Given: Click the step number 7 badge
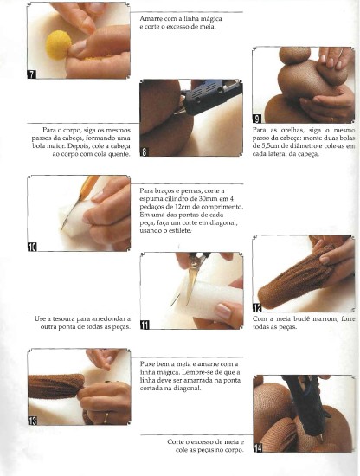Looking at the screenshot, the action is click(32, 74).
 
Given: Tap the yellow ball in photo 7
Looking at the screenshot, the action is click(58, 45).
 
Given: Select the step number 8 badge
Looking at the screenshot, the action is click(145, 151).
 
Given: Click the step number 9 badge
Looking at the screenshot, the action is click(257, 119).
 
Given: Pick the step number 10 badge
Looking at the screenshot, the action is click(32, 247).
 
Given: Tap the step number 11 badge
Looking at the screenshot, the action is click(145, 325).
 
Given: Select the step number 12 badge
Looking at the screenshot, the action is click(257, 308).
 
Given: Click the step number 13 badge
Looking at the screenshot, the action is click(32, 421).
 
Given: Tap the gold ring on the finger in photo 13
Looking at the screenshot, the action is click(106, 418).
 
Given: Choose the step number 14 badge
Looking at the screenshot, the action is click(258, 448).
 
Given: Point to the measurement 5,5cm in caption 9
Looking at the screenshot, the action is click(268, 146).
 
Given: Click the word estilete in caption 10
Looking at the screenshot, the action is click(181, 231).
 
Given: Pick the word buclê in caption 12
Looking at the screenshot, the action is click(302, 319).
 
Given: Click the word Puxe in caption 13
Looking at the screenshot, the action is click(147, 364).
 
